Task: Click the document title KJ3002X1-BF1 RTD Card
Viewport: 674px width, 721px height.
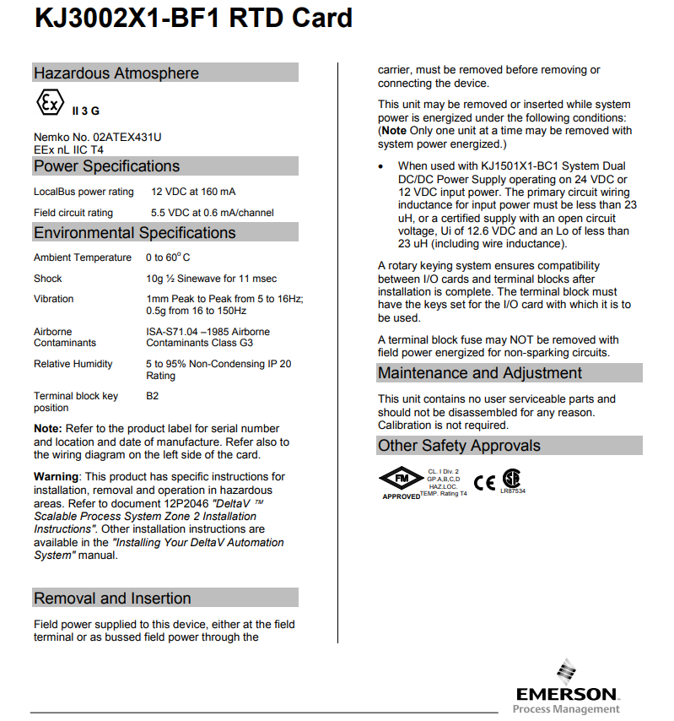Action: coord(193,19)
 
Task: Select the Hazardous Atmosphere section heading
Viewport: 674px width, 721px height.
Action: coord(116,73)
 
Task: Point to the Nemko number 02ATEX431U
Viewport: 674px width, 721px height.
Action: coord(97,137)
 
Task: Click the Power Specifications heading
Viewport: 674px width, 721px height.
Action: coord(106,166)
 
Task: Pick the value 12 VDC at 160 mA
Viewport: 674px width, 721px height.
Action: coord(193,192)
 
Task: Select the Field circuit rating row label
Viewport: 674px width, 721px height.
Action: coord(73,213)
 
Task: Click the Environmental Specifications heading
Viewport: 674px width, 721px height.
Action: coord(134,232)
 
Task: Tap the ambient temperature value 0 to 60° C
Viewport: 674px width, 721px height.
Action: coord(168,257)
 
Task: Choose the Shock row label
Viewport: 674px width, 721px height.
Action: coord(48,279)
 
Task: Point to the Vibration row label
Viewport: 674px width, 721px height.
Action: coord(54,299)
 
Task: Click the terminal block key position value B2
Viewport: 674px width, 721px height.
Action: coord(153,396)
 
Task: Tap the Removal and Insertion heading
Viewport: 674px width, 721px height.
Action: coord(112,599)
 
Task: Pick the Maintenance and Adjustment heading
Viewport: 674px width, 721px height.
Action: coord(479,373)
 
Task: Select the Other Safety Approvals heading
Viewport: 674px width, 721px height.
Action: coord(459,446)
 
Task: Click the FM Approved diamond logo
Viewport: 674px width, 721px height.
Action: coord(402,480)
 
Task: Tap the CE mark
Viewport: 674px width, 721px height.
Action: coord(484,483)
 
